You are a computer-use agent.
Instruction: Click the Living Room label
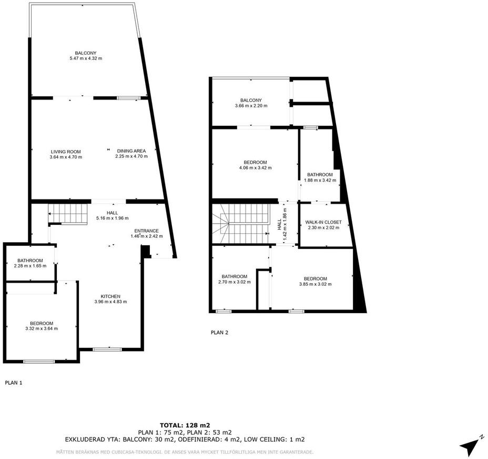point(66,152)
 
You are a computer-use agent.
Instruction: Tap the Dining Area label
point(131,151)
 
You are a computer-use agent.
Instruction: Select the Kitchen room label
point(110,296)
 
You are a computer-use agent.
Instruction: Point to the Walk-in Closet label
point(323,222)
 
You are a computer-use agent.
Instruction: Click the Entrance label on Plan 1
point(146,231)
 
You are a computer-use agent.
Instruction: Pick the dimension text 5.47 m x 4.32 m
point(86,58)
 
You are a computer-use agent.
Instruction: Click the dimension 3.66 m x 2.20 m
point(251,106)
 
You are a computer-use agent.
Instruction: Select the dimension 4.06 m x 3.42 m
point(255,167)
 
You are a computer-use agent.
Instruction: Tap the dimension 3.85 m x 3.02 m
point(316,284)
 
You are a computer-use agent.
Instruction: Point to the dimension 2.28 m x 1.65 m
point(30,266)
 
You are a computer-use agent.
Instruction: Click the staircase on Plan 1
point(67,214)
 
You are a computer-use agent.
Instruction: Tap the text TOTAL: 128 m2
point(185,425)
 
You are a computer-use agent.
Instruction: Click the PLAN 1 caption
point(14,383)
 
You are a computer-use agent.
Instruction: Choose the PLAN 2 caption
point(219,333)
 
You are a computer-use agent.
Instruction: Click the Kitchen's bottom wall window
point(107,350)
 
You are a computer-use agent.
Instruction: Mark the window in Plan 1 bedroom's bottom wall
point(39,362)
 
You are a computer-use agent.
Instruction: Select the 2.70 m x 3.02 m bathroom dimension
point(235,282)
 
